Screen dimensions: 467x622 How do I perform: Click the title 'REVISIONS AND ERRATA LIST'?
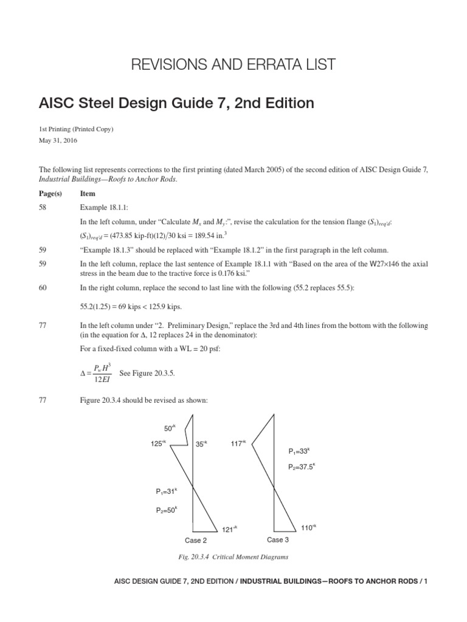[233, 64]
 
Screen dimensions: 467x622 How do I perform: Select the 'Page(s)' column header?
[50, 193]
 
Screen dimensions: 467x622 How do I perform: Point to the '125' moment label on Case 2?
[158, 444]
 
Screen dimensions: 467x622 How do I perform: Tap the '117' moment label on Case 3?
[238, 444]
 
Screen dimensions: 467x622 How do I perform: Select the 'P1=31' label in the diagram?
[166, 491]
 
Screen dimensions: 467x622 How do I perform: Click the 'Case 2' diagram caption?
[196, 540]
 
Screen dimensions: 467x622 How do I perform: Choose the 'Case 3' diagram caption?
[278, 539]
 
